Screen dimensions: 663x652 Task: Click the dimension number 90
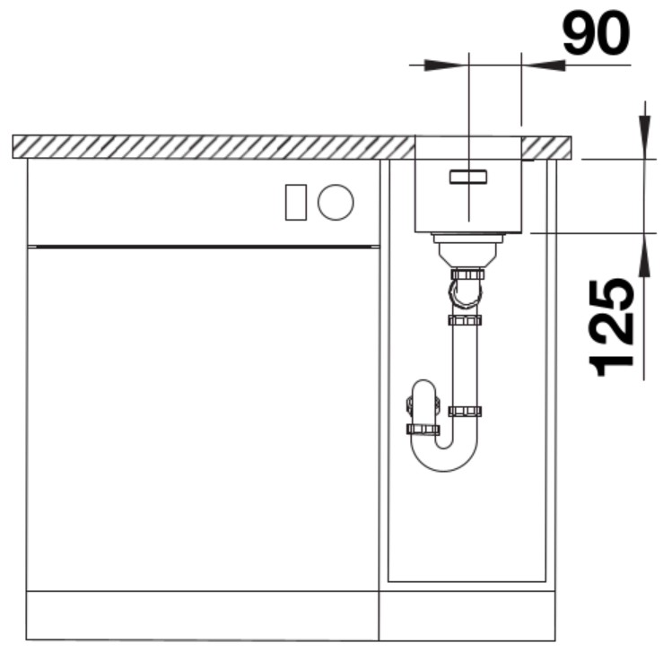coord(597,33)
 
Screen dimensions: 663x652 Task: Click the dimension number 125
coord(612,327)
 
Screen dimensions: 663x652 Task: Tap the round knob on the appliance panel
coord(336,202)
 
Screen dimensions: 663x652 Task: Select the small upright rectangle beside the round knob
coord(296,202)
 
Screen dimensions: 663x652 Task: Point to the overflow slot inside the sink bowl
coord(468,177)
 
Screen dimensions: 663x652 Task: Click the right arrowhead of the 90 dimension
coord(544,65)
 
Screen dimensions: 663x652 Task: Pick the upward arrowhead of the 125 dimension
coord(644,256)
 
